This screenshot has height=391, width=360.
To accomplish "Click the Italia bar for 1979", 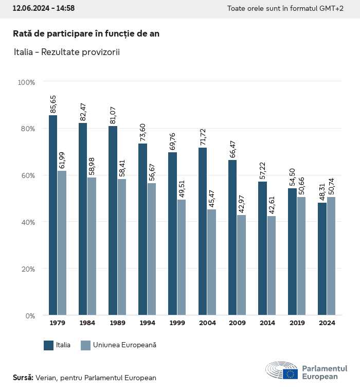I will click(53, 215).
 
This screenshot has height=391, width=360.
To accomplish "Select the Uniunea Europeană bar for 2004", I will click(212, 262).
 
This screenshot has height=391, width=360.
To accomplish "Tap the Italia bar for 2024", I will click(322, 259).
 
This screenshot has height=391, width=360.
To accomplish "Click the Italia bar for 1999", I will click(172, 234).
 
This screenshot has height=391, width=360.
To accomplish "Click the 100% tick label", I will click(26, 82).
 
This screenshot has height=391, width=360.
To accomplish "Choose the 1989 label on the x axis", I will click(117, 323).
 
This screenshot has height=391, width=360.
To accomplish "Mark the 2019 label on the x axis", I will click(297, 323).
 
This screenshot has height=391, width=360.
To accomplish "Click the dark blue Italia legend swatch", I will click(49, 345).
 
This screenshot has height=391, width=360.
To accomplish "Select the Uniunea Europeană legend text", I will click(124, 345).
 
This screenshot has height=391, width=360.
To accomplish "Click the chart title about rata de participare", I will click(86, 33).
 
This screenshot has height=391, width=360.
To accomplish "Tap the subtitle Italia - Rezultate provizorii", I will click(66, 52).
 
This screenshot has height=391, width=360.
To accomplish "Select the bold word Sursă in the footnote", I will click(23, 378).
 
